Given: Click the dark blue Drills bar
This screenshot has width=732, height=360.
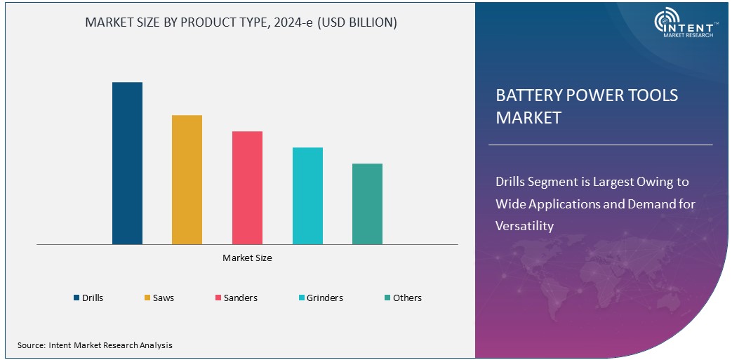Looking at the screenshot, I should coord(127,163).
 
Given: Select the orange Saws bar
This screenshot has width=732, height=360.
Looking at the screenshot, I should coord(187,180).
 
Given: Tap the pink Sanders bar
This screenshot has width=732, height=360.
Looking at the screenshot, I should coord(247,187).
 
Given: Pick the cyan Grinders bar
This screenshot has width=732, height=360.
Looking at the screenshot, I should coord(307,196).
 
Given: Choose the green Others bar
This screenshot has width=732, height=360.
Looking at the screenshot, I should coord(367,204).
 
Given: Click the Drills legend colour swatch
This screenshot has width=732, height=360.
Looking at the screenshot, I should coord(76,298).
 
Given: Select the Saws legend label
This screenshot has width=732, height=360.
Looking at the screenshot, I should coord(164,298).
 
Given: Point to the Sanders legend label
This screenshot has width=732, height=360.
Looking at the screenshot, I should coord(240,298).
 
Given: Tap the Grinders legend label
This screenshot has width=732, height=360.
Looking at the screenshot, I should coord(325,298).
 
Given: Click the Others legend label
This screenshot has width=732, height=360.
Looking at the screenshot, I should coord(407,298).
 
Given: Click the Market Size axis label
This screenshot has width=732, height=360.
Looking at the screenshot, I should coord(247,258).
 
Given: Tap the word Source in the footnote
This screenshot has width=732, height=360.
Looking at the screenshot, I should coord(31,345).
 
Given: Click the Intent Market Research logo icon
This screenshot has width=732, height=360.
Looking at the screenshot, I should coord(666,21).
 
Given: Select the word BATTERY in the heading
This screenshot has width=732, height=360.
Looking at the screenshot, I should coord(527,95).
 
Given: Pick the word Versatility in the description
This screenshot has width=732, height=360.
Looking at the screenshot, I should coord(524,226).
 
